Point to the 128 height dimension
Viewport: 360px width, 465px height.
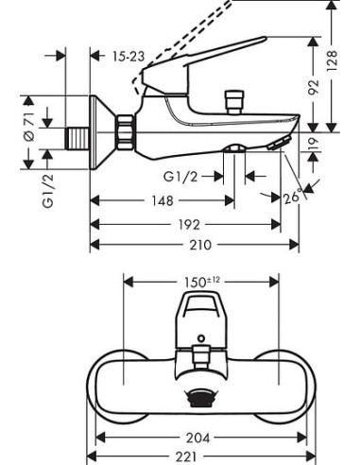coord(332,59)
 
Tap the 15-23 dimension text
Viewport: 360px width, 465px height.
coord(127,57)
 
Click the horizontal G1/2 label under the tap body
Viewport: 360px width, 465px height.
coord(180,175)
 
